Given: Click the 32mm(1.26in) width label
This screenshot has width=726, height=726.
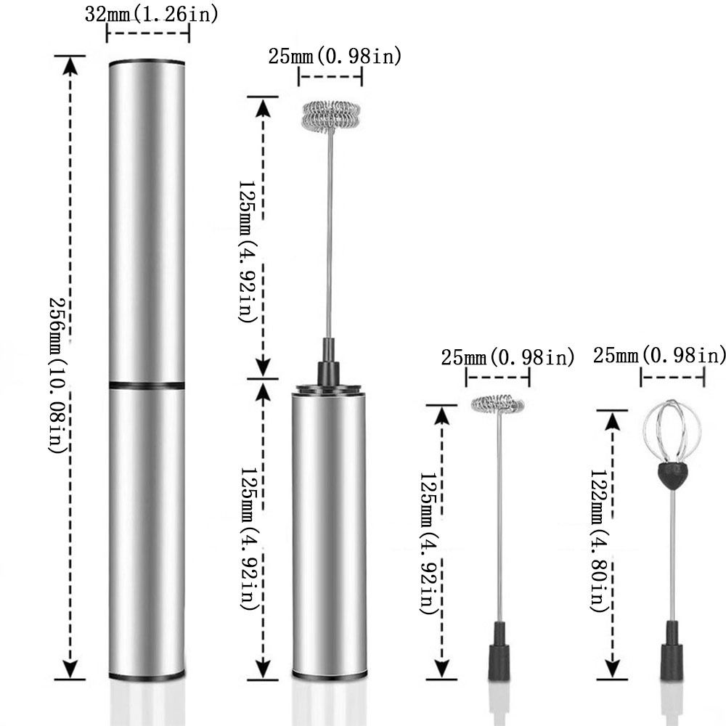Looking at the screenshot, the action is [x=151, y=15].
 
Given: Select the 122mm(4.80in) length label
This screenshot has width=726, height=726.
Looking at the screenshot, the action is [x=599, y=541].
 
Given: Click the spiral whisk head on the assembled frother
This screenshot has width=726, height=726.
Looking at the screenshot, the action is [x=330, y=115].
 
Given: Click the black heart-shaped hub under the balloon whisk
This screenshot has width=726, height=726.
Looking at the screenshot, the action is [x=672, y=476].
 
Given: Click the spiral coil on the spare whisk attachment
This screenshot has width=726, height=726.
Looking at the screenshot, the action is [x=498, y=404].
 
